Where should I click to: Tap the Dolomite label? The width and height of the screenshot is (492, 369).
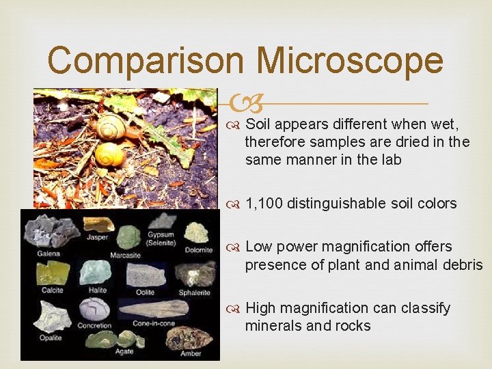point(198,249)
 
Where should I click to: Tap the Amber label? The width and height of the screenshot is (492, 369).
point(192,353)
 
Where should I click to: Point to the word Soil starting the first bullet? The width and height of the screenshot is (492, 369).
point(258,124)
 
